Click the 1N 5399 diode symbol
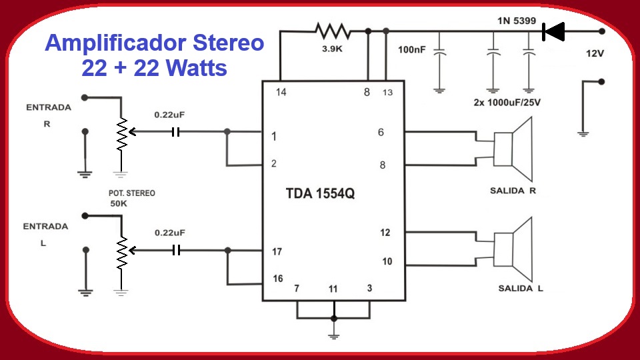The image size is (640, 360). pyautogui.click(x=553, y=31)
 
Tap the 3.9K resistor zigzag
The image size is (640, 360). pyautogui.click(x=333, y=31)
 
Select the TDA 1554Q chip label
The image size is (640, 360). pyautogui.click(x=320, y=193)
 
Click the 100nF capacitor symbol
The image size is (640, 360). pyautogui.click(x=439, y=53)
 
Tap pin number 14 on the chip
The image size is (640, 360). pyautogui.click(x=281, y=92)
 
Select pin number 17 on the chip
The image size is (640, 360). pyautogui.click(x=277, y=251)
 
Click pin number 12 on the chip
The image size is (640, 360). pyautogui.click(x=385, y=233)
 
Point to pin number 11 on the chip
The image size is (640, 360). pyautogui.click(x=333, y=289)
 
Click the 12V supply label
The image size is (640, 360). pyautogui.click(x=595, y=53)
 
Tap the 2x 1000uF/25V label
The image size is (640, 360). pyautogui.click(x=507, y=103)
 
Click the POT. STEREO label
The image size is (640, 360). pyautogui.click(x=132, y=193)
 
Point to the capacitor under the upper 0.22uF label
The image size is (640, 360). pyautogui.click(x=175, y=132)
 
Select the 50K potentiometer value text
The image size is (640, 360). pyautogui.click(x=119, y=204)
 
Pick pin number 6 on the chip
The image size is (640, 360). pyautogui.click(x=381, y=132)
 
